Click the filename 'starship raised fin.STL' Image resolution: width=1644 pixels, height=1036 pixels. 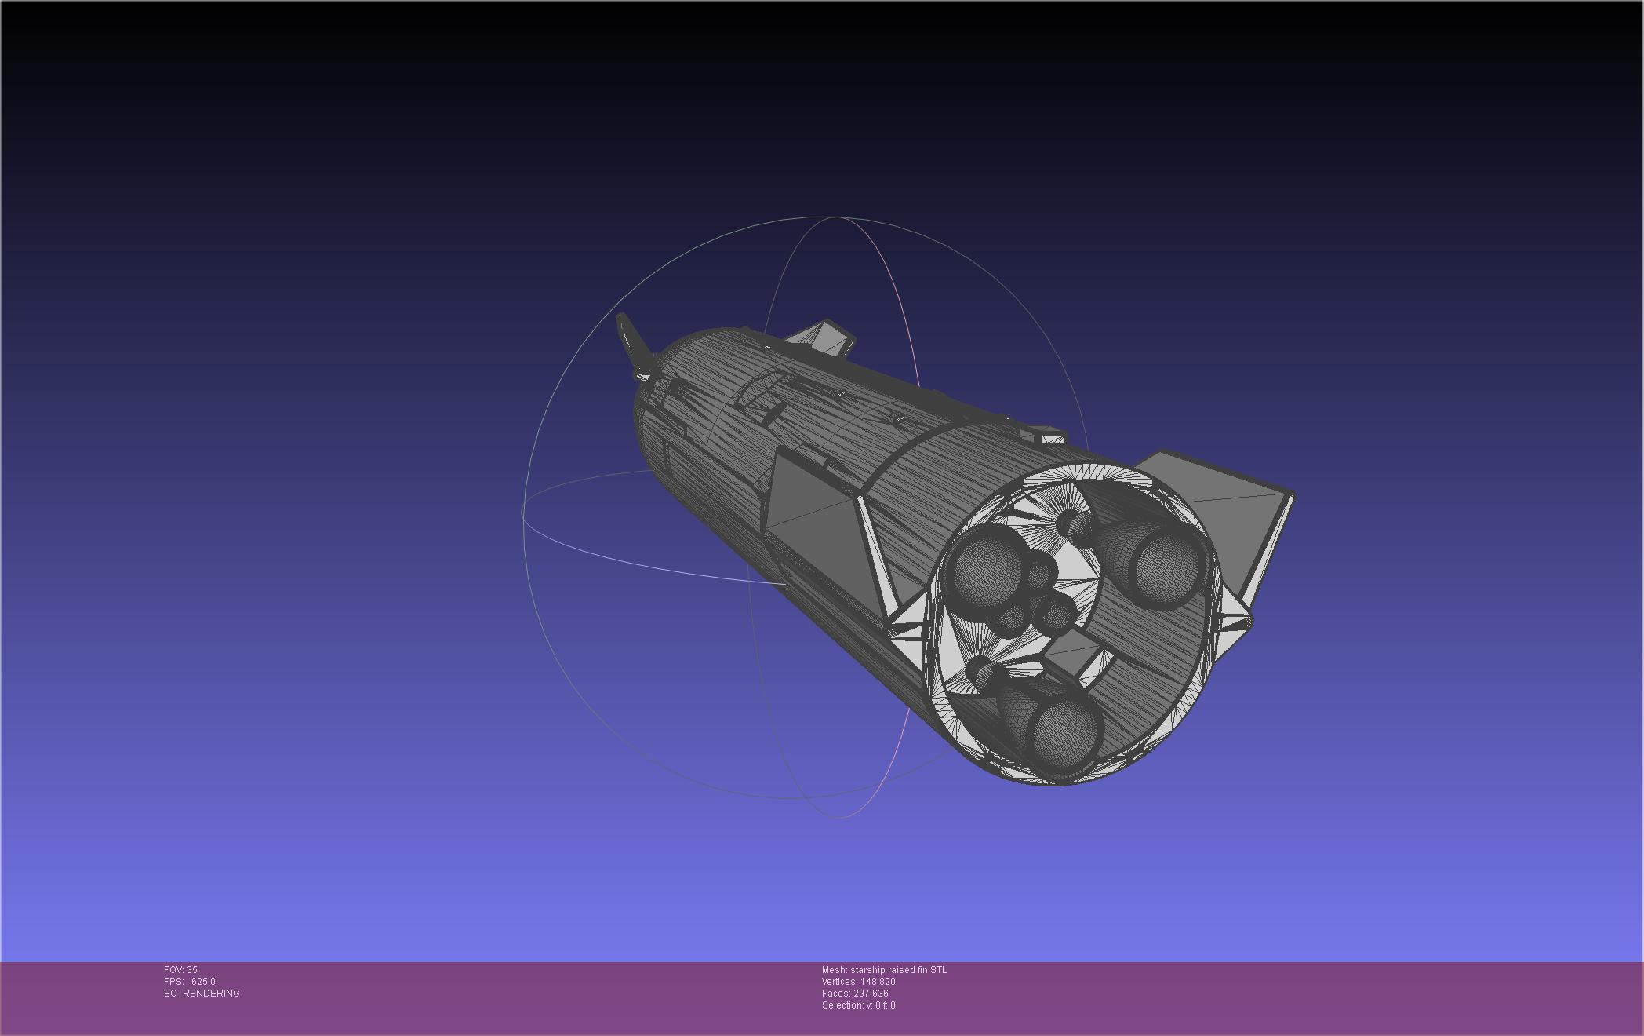(898, 970)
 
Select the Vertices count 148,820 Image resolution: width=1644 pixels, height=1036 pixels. (878, 982)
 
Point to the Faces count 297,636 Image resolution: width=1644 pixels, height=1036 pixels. (871, 994)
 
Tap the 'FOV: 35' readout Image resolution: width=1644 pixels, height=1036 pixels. (180, 970)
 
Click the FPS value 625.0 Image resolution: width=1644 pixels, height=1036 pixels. (203, 982)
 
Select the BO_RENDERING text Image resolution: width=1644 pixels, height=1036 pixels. (202, 994)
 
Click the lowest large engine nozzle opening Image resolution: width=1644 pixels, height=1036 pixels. (1067, 734)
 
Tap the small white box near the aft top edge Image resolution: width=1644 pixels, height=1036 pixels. (1047, 434)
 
